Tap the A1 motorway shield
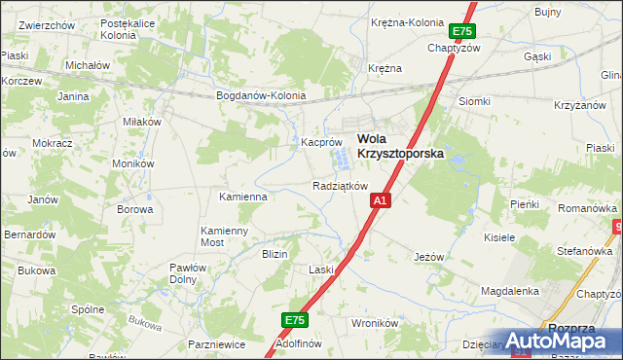(381, 200)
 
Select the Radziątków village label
(340, 185)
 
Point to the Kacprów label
(319, 142)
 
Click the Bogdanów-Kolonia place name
(261, 95)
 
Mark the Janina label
(73, 96)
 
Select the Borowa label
(135, 208)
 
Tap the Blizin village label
(275, 253)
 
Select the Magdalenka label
(510, 291)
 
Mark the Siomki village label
(474, 101)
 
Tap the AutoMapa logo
(565, 341)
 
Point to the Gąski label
(565, 57)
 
